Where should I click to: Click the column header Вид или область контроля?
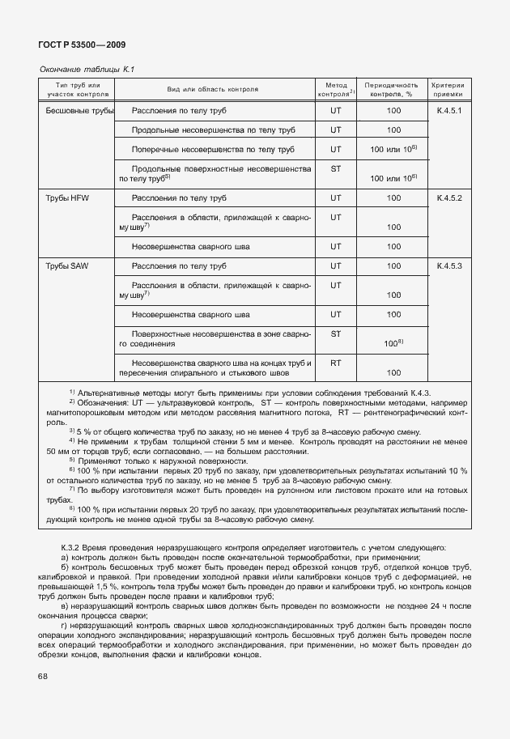(x=213, y=89)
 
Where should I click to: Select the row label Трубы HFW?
(x=69, y=198)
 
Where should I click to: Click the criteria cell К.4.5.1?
(x=448, y=110)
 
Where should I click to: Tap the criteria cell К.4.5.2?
(x=448, y=198)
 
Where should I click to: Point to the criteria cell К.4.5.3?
(x=448, y=265)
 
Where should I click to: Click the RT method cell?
(x=335, y=363)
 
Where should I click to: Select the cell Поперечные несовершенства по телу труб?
(x=213, y=150)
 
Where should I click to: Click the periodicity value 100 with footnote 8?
(x=393, y=344)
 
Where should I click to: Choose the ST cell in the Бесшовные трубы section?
(x=335, y=169)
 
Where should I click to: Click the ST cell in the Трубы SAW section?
(x=335, y=333)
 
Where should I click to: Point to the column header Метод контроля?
(x=336, y=89)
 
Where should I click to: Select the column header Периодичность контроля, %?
(x=393, y=89)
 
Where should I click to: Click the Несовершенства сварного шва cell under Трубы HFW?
(x=213, y=247)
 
